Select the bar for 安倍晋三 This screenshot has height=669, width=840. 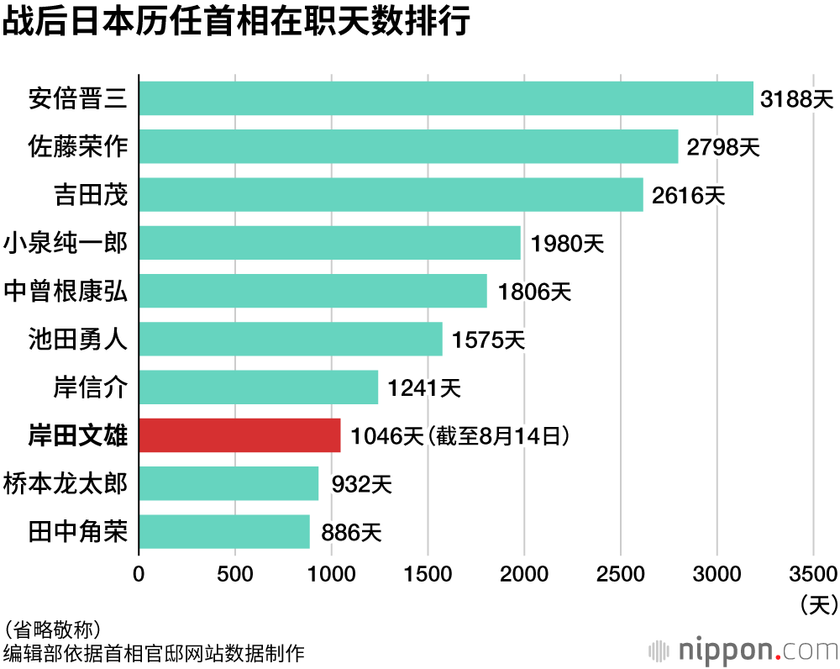tap(445, 98)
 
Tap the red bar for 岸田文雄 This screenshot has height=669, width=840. tap(239, 435)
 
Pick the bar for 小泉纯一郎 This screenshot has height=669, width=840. tap(329, 243)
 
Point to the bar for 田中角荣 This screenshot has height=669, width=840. tap(223, 532)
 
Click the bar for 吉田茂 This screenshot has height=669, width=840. tap(391, 195)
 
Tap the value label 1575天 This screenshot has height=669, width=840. tap(487, 340)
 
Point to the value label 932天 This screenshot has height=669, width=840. tap(361, 484)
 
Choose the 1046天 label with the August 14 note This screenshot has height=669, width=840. tap(461, 436)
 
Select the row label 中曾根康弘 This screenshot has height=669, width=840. tap(66, 291)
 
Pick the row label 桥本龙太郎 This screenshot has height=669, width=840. tap(66, 484)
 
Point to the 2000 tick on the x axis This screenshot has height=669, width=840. tap(524, 573)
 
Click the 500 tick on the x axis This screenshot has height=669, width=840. tap(235, 573)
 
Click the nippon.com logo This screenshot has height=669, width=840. tap(743, 650)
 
